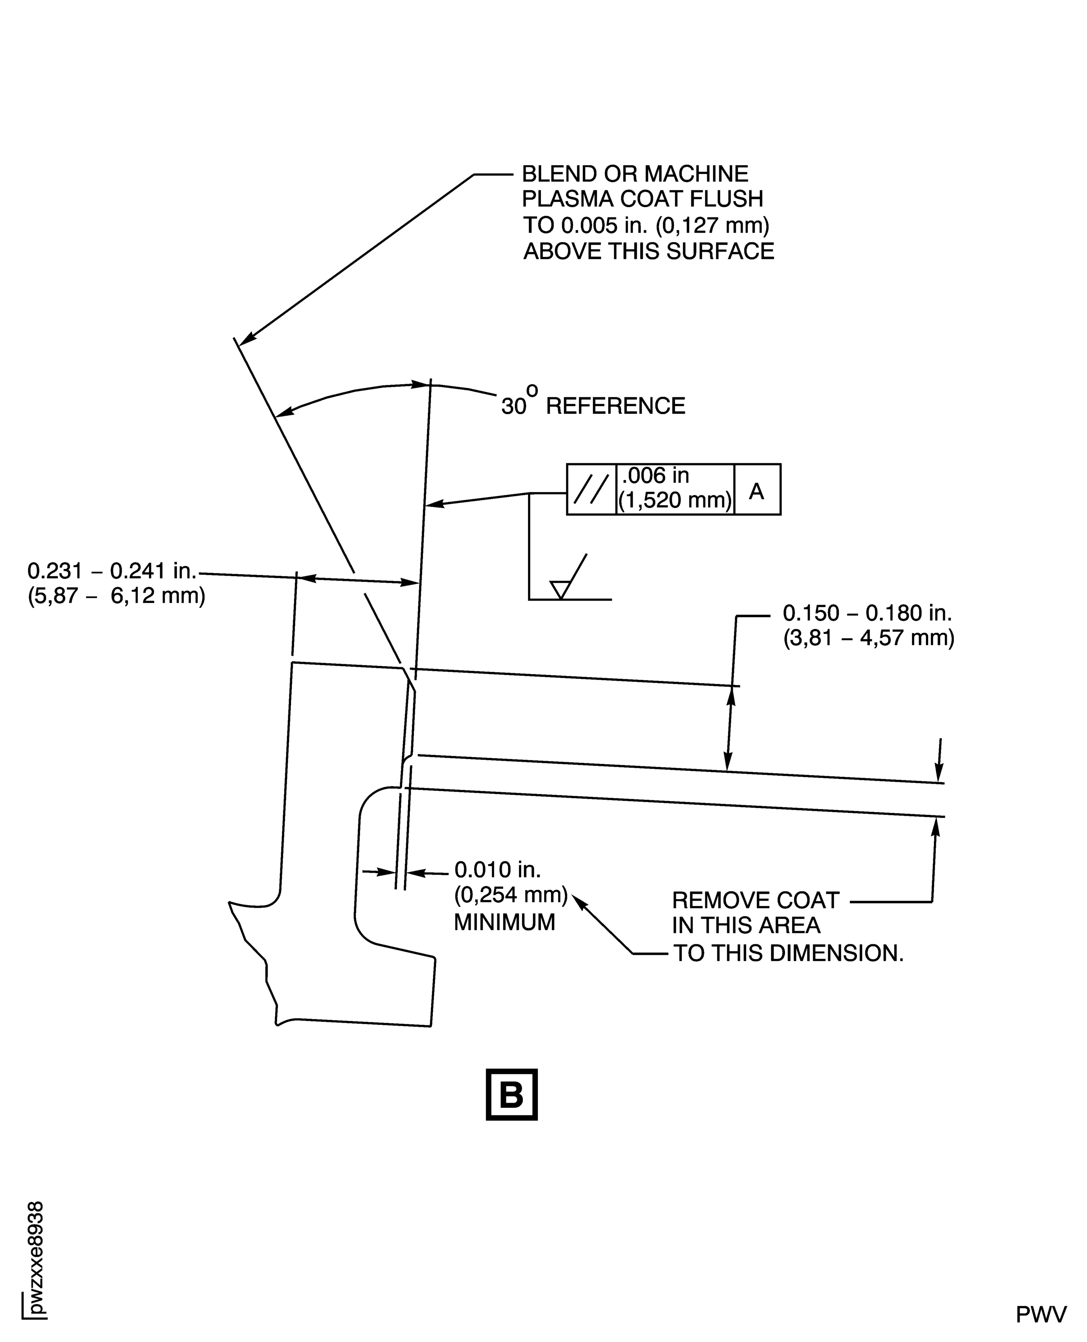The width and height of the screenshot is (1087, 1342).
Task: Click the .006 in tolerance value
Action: coord(655,476)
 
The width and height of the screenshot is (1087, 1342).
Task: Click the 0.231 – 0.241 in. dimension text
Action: coord(113,571)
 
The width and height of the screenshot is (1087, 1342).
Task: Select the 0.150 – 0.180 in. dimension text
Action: coord(867,613)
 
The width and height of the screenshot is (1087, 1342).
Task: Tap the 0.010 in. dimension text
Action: coord(497,870)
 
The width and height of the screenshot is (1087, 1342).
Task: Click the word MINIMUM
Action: coord(504,922)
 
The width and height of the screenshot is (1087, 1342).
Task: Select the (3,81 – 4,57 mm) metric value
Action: coord(869,638)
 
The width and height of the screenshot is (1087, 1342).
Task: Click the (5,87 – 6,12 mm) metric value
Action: coord(117,595)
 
